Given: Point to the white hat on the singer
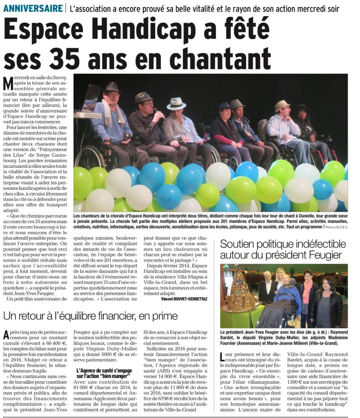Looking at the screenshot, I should tap(176, 104).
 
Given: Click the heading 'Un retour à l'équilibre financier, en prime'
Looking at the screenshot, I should tap(91, 316).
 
